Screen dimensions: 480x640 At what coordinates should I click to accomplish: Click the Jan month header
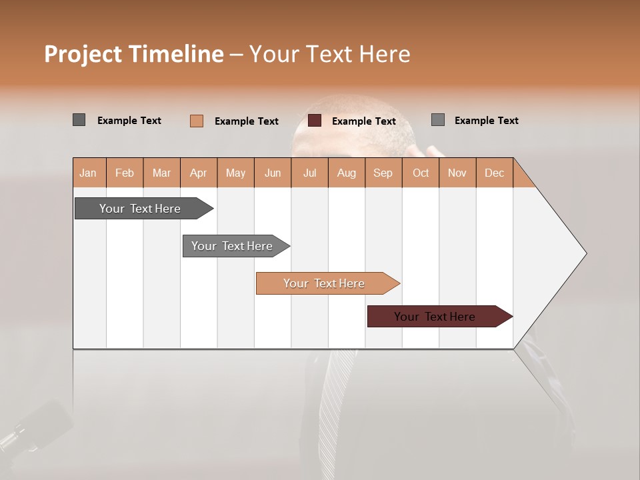pyautogui.click(x=89, y=173)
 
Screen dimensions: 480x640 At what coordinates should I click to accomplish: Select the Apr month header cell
pyautogui.click(x=199, y=173)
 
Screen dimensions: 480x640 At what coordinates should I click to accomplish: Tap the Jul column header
pyautogui.click(x=309, y=173)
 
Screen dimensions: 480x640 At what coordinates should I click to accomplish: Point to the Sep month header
pyautogui.click(x=383, y=173)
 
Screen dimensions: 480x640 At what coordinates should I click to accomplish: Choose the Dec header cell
pyautogui.click(x=494, y=173)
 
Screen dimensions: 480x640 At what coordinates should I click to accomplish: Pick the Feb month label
pyautogui.click(x=125, y=173)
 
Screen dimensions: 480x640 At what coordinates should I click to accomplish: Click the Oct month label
pyautogui.click(x=421, y=173)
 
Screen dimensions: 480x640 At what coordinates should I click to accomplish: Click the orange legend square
pyautogui.click(x=197, y=121)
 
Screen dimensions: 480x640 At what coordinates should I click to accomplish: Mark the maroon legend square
pyautogui.click(x=315, y=121)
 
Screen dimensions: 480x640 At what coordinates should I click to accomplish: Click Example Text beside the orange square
pyautogui.click(x=246, y=121)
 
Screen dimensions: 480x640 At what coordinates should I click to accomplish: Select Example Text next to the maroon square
pyautogui.click(x=363, y=121)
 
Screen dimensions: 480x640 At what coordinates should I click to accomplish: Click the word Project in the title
pyautogui.click(x=83, y=54)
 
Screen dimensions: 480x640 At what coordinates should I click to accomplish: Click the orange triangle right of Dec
pyautogui.click(x=522, y=177)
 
